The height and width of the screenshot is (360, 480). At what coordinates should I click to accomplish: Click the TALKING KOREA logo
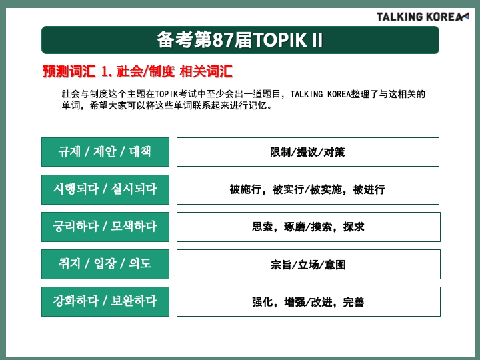coord(423,17)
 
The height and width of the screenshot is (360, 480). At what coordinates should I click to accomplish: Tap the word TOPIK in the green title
coord(280,40)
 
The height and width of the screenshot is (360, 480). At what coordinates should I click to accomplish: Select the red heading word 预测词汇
coord(69,71)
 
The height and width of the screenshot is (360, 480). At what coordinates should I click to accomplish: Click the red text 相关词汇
coord(206,71)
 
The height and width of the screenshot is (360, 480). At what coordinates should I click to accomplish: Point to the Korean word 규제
coord(70,152)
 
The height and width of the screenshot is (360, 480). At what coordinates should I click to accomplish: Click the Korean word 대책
coord(140,152)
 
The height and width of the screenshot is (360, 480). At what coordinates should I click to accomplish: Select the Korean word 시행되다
coord(75,189)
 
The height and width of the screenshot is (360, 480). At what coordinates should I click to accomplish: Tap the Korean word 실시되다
coord(134,189)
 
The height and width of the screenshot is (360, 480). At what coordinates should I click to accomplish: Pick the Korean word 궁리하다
coord(75,227)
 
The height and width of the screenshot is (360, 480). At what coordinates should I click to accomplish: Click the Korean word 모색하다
coord(134,227)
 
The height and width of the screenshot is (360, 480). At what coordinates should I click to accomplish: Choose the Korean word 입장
coord(105,264)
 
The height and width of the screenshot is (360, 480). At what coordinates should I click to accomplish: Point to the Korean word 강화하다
coord(75,301)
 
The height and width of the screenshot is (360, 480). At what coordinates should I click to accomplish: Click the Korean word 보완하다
coord(134,301)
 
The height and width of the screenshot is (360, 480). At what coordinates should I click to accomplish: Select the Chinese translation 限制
coord(281,152)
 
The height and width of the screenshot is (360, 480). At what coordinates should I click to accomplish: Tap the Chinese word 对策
coord(334,152)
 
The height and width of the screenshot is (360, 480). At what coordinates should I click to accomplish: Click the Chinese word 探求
coord(354,227)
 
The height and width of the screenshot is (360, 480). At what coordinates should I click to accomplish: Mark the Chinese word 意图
coord(335,265)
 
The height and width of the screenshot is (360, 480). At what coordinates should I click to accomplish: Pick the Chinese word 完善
coord(354,302)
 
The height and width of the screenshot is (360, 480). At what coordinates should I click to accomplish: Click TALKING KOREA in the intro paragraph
coord(320,94)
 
